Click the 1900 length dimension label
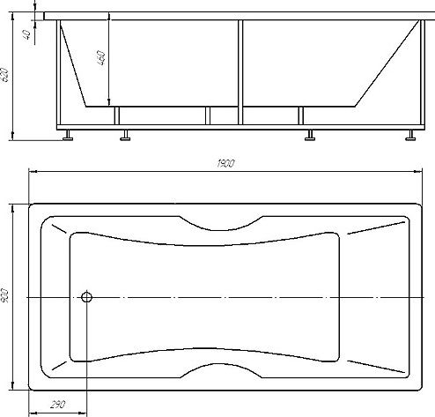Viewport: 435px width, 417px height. point(225,163)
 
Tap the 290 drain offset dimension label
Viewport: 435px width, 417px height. point(58,405)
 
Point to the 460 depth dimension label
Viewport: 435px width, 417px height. point(100,57)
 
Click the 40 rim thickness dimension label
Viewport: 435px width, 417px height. point(26,34)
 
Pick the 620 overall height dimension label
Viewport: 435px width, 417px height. point(5,75)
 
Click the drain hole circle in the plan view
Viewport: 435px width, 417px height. point(86,297)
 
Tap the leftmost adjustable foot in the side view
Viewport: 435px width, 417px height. point(68,135)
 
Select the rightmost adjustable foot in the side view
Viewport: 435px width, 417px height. point(410,135)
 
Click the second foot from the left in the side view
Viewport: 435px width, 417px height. point(125,135)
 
